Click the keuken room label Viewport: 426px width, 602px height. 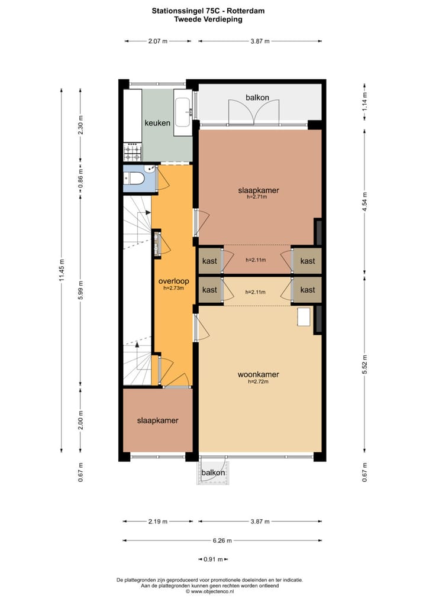(157, 123)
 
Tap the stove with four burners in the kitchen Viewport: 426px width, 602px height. (133, 152)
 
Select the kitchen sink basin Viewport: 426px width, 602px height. (182, 112)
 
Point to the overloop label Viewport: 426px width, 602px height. (173, 281)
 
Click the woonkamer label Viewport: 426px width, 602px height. (258, 374)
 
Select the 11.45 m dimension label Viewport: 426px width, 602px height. (62, 270)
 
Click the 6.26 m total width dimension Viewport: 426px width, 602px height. (222, 540)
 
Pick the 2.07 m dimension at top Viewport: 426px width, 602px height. (158, 41)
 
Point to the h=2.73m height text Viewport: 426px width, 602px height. (173, 288)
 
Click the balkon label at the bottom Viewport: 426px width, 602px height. (213, 472)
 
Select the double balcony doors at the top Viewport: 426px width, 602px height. (253, 112)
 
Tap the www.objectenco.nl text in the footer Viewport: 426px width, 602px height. (212, 591)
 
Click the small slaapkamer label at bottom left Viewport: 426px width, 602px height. (157, 420)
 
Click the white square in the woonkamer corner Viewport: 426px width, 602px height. (304, 317)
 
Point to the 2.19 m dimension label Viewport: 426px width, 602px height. (158, 522)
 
